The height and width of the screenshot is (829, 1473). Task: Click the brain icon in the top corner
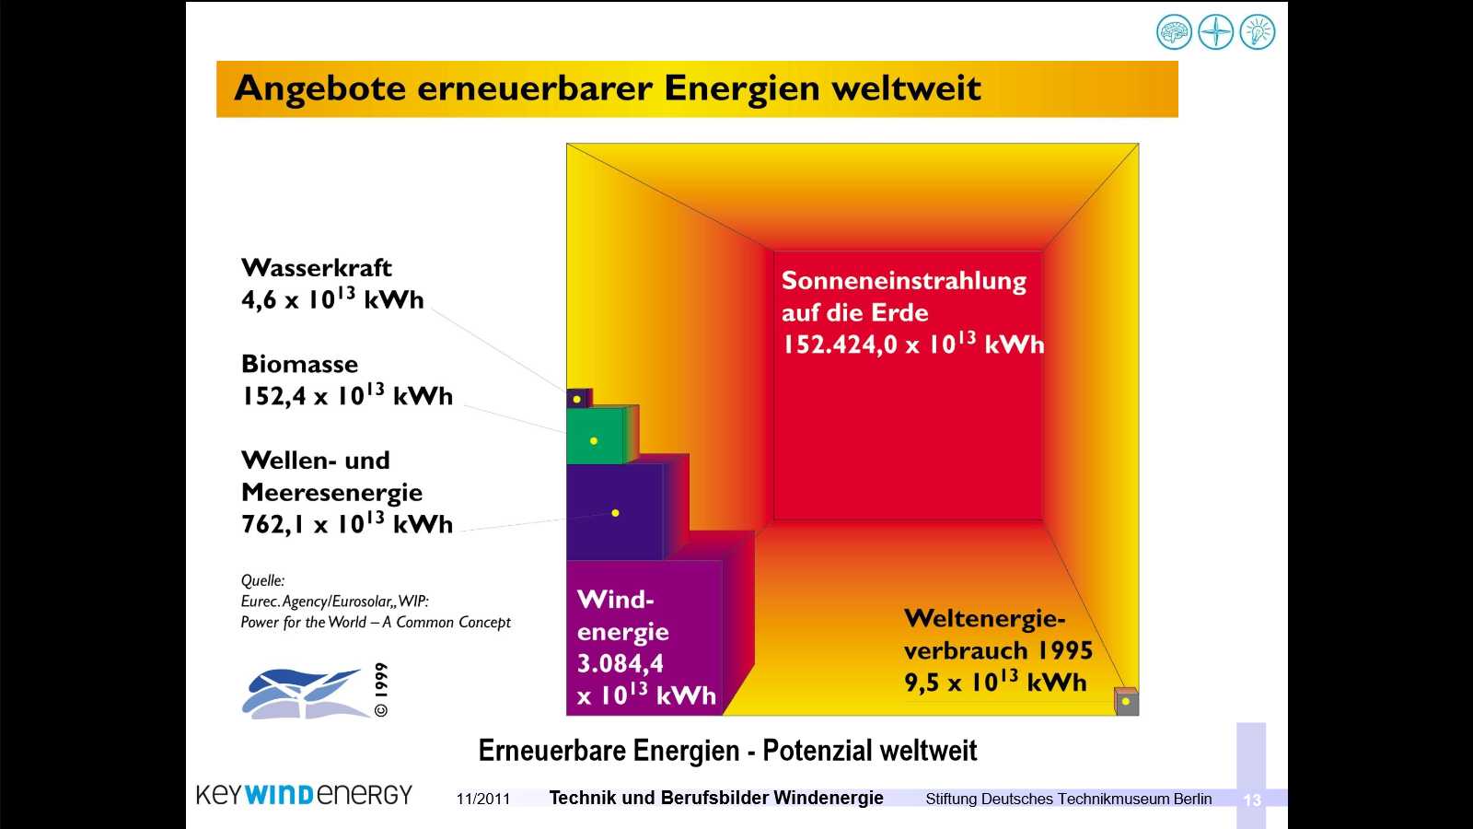1174,31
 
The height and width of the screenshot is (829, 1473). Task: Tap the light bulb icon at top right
1258,31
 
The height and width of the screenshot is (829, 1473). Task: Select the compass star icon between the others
1216,31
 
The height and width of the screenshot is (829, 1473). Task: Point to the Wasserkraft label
317,268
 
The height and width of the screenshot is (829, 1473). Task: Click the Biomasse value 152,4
273,396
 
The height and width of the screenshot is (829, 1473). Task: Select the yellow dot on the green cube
594,441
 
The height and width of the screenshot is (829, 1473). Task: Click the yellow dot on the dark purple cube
616,513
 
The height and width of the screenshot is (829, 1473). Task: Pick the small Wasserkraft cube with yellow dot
579,398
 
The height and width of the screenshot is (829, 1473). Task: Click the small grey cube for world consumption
1127,701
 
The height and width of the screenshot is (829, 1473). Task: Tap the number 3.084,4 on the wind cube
621,663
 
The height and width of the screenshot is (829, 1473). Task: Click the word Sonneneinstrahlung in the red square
903,281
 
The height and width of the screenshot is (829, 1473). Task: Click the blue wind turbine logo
304,694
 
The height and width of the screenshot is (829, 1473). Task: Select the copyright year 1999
381,681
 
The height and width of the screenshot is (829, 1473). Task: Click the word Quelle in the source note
262,581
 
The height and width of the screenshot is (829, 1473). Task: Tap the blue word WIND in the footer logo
279,795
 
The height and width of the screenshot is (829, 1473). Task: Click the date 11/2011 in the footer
483,799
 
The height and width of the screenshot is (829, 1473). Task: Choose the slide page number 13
1252,800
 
